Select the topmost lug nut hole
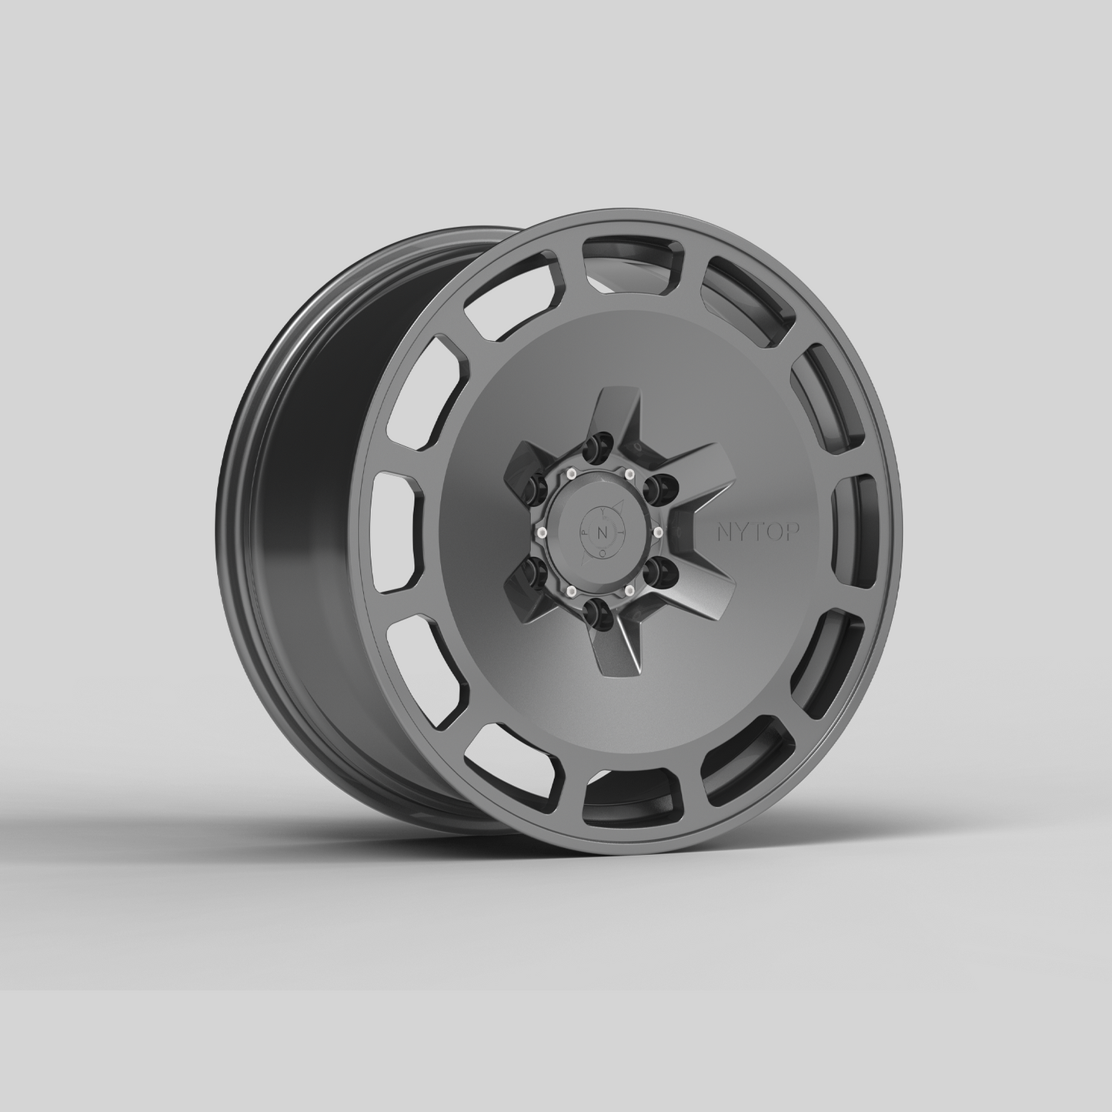tap(593, 449)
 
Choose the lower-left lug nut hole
tap(533, 571)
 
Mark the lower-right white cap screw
tap(630, 590)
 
